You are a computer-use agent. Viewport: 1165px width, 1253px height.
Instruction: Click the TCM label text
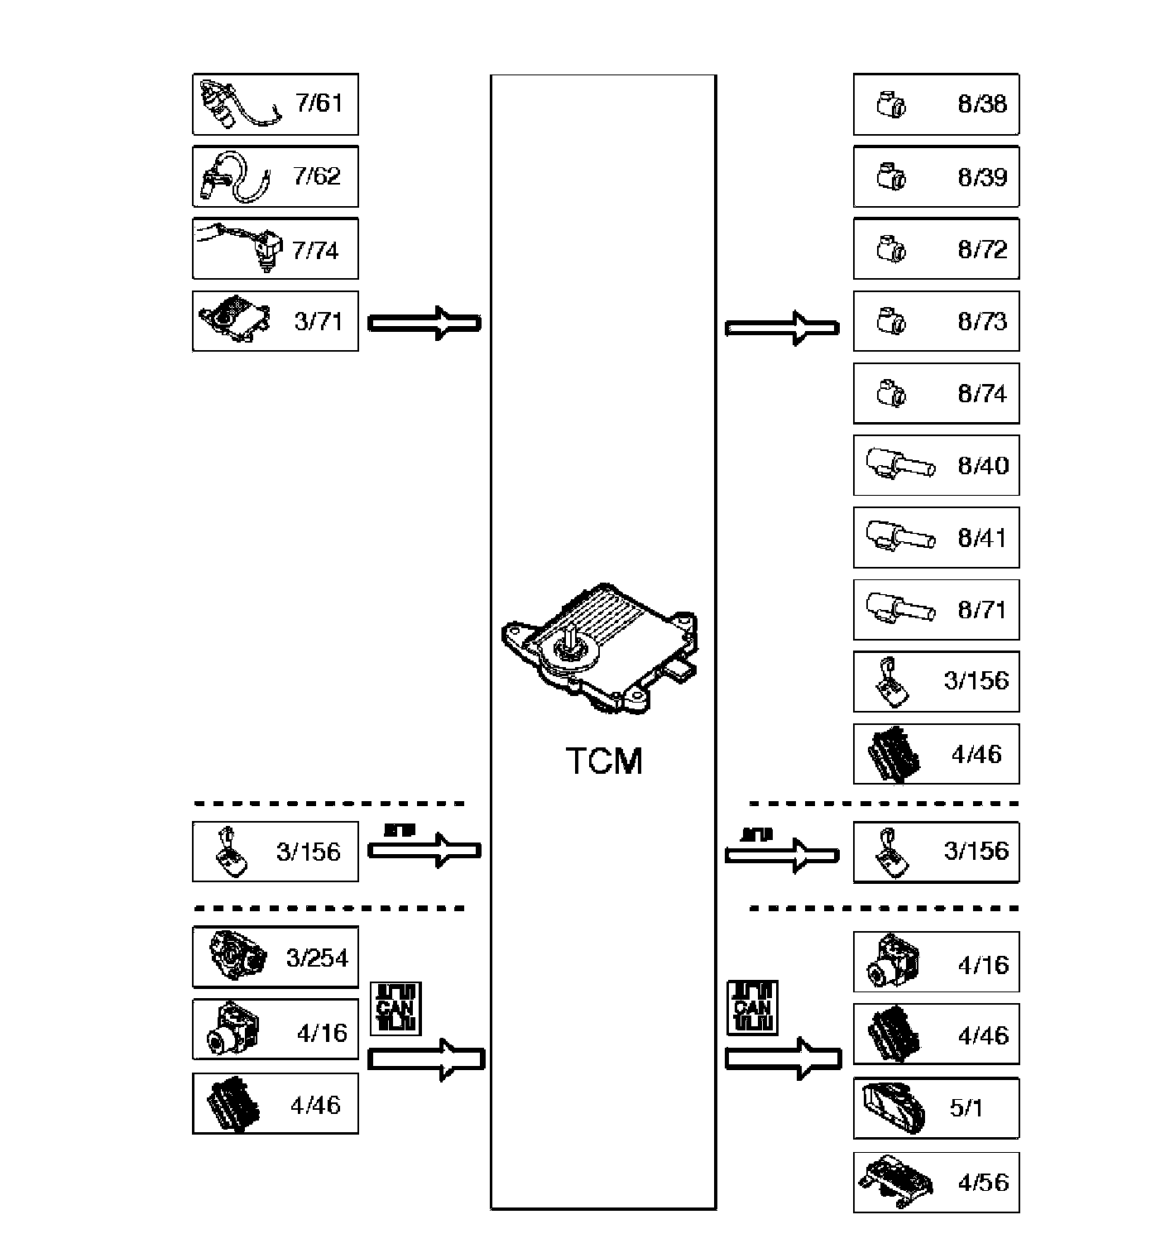604,761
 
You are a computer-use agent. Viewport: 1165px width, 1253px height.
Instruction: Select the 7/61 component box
276,104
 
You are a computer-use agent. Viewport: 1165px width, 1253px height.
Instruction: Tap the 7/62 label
317,176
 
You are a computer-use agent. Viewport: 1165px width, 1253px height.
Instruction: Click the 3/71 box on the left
276,320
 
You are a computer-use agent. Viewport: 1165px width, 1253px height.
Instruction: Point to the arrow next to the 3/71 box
424,324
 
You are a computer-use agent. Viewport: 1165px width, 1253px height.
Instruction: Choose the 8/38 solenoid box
936,104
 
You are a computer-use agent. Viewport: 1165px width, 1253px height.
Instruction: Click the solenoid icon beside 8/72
891,248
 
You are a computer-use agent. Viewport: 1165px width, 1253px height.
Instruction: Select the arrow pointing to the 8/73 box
782,328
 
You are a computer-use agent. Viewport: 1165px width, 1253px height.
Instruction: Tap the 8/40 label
983,466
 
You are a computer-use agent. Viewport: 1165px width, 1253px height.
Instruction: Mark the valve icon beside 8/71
900,608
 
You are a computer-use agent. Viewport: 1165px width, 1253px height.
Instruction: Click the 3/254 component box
276,957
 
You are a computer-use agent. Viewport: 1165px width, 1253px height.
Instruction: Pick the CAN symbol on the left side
396,1008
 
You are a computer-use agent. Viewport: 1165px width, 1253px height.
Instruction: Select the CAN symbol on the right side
752,1007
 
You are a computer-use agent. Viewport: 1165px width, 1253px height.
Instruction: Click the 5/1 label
966,1108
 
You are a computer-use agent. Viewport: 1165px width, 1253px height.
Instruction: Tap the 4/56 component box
936,1183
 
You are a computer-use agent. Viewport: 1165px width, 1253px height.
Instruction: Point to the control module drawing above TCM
600,648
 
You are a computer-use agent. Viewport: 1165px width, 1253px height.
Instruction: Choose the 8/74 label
982,394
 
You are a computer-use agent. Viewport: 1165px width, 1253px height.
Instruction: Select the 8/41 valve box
936,538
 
